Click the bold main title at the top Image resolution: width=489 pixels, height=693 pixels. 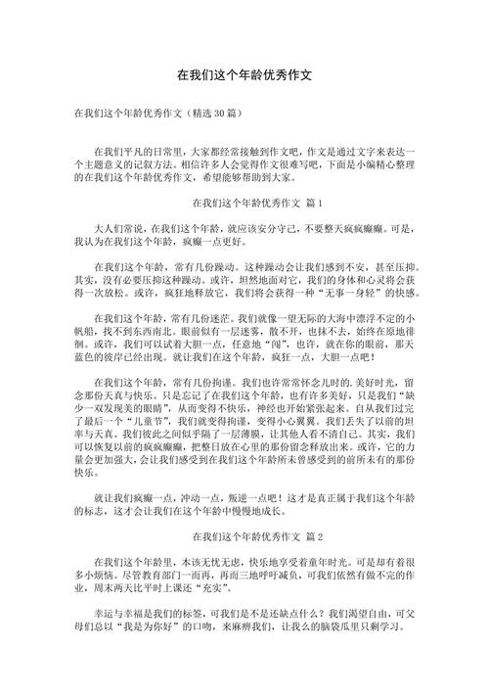click(x=244, y=74)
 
